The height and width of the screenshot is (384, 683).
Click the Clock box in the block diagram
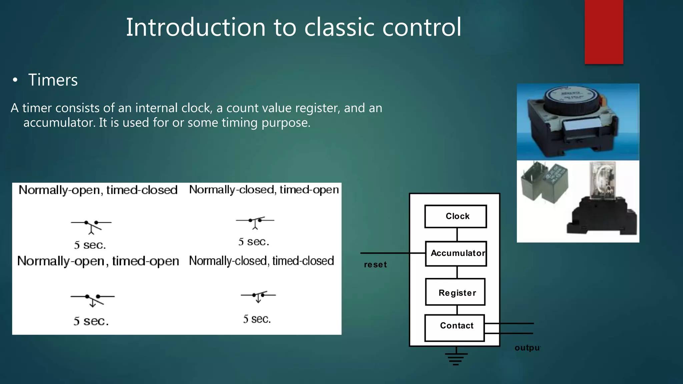pyautogui.click(x=456, y=216)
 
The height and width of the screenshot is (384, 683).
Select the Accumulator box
pyautogui.click(x=456, y=254)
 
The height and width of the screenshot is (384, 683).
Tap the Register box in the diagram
pyautogui.click(x=455, y=292)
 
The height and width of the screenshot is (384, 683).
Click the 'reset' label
pyautogui.click(x=375, y=265)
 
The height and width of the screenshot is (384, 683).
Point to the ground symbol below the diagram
pyautogui.click(x=456, y=358)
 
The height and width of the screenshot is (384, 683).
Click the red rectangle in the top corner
pyautogui.click(x=604, y=32)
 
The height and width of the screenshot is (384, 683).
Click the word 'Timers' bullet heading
pyautogui.click(x=53, y=80)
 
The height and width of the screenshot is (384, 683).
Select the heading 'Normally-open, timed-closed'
pyautogui.click(x=98, y=190)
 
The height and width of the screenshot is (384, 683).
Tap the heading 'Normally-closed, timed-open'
pyautogui.click(x=264, y=190)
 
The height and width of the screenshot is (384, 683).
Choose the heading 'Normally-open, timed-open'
pyautogui.click(x=98, y=261)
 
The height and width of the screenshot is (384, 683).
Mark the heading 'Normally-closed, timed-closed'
pyautogui.click(x=261, y=261)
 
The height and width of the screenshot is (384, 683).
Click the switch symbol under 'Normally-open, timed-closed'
pyautogui.click(x=91, y=226)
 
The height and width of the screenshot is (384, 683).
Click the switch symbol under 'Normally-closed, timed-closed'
pyautogui.click(x=258, y=296)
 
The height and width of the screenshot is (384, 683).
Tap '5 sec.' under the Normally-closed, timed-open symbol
pyautogui.click(x=253, y=242)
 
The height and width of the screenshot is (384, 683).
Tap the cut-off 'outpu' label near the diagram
pyautogui.click(x=527, y=348)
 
